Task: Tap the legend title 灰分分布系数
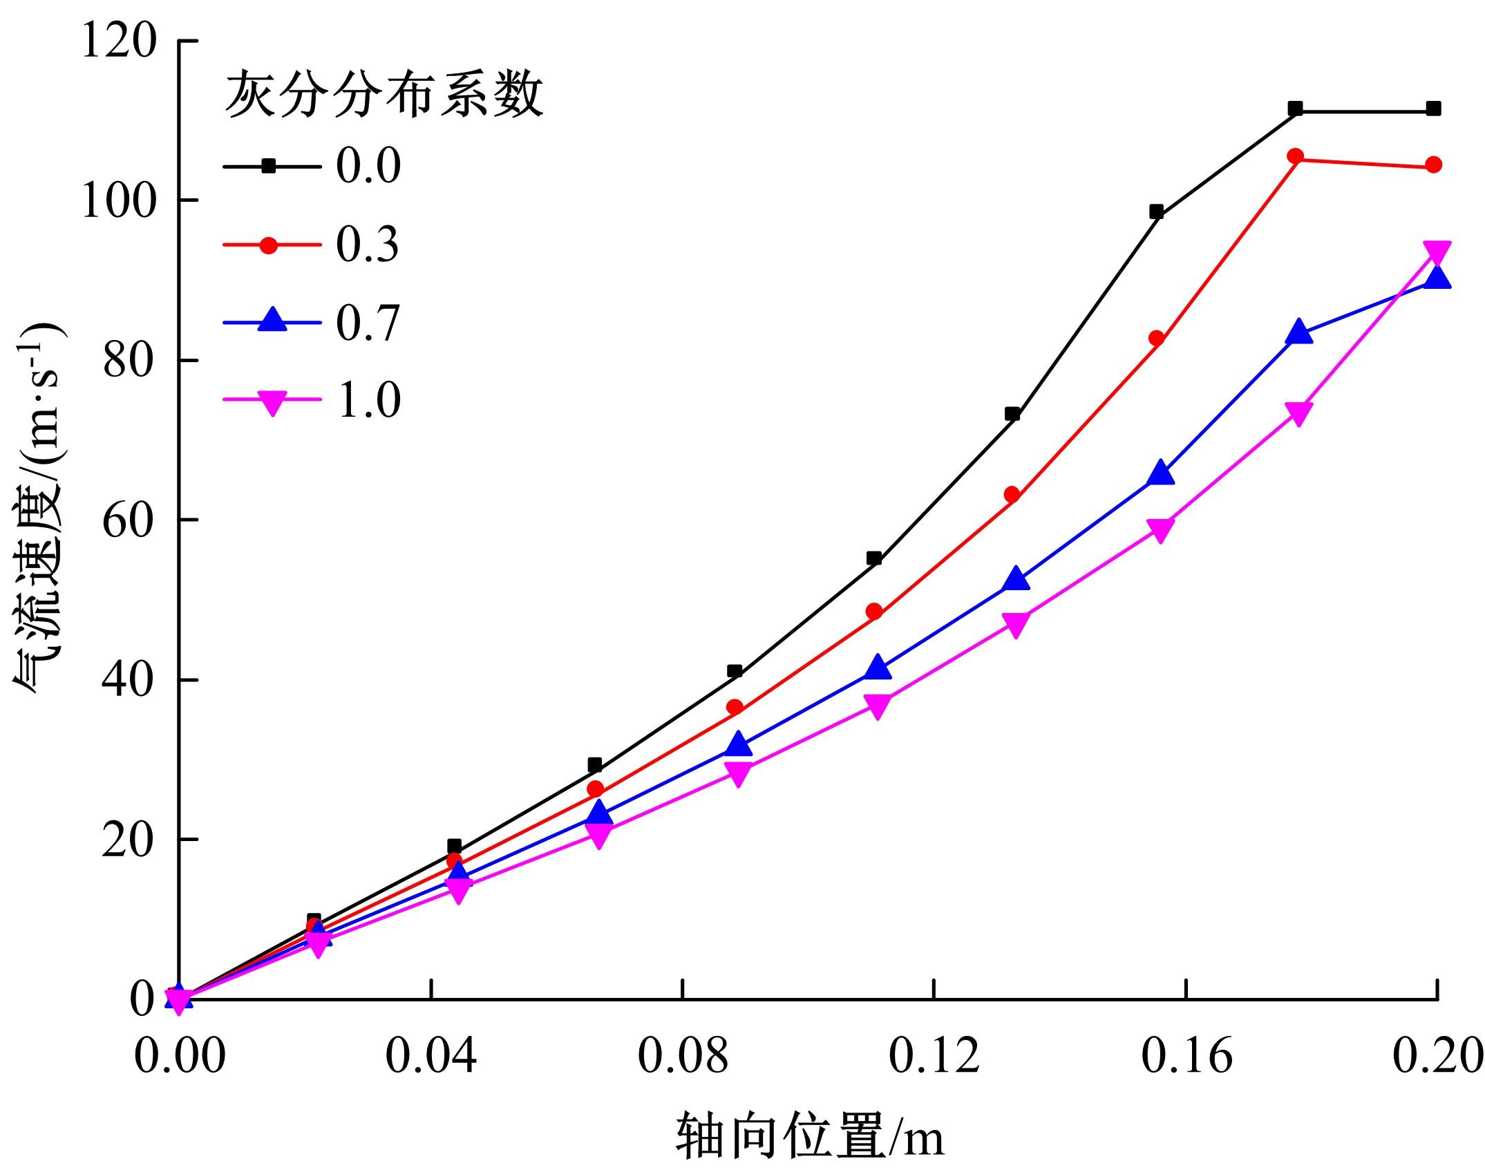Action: (384, 95)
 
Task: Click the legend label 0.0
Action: (368, 167)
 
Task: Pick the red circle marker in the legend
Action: (272, 245)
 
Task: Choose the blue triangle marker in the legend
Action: (272, 321)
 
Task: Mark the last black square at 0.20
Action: (1433, 108)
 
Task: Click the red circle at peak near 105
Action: (1296, 157)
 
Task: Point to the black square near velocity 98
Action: (1156, 212)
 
